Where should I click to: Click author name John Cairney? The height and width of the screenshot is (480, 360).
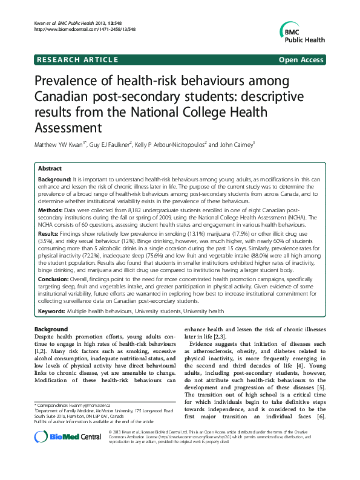tap(237, 144)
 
